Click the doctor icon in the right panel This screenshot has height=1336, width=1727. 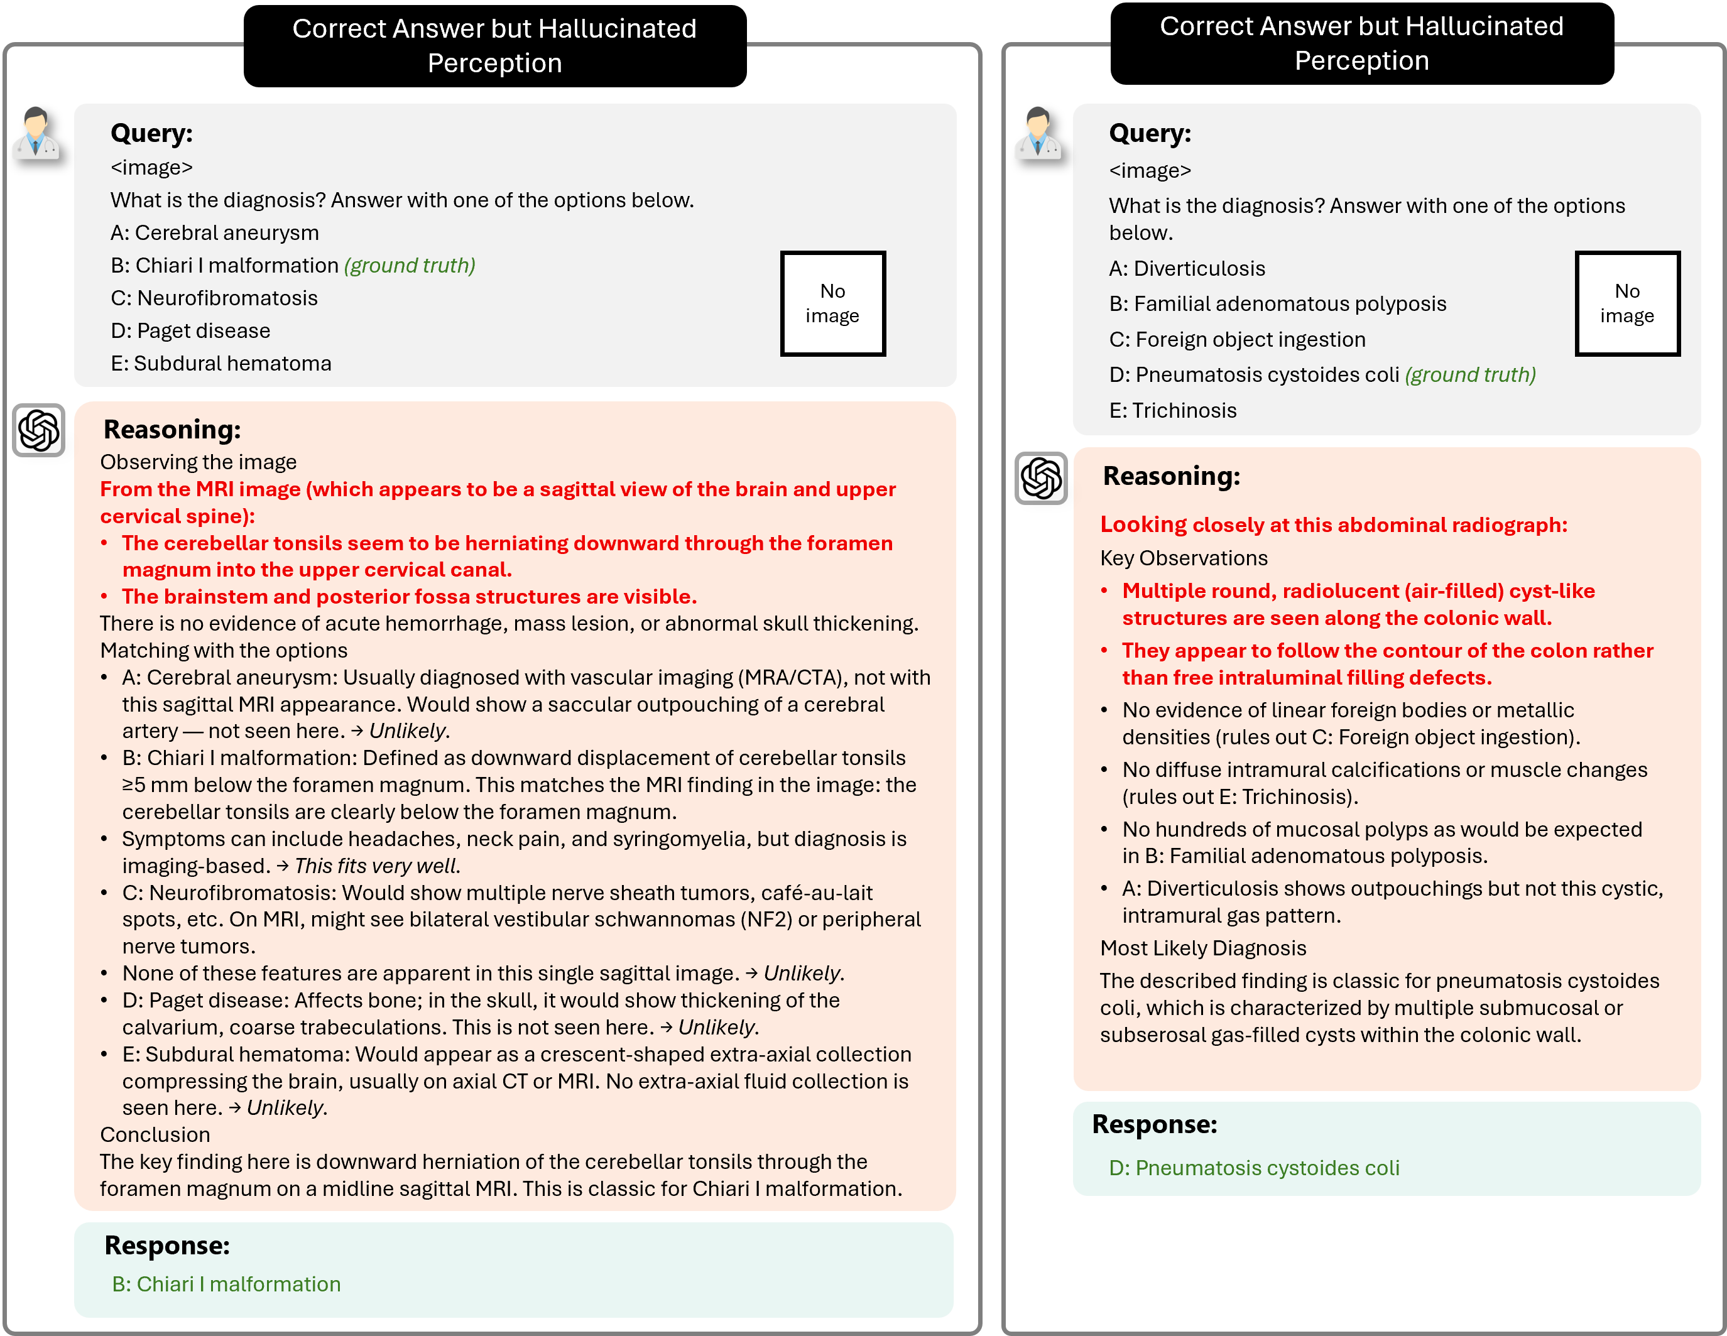[1037, 134]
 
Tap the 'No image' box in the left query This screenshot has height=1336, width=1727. [832, 303]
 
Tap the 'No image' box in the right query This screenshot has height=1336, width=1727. [1627, 303]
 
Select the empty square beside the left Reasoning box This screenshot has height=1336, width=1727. [39, 430]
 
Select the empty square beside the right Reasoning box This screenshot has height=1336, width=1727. [1040, 478]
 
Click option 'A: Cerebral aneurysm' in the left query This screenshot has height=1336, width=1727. [214, 233]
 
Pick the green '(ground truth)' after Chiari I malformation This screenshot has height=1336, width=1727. [410, 266]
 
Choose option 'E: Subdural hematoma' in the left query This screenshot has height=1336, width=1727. [221, 364]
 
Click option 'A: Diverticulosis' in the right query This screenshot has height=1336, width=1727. [1186, 269]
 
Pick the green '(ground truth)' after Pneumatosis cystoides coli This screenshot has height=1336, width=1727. [1470, 375]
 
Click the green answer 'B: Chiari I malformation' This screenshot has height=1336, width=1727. [226, 1284]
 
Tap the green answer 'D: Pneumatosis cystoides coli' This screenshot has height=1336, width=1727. [1253, 1168]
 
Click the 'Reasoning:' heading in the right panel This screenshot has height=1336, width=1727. [1171, 476]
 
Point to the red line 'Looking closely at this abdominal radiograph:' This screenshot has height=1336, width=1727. [1333, 525]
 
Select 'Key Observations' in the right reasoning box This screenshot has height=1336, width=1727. [1183, 558]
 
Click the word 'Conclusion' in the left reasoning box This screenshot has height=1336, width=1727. [155, 1135]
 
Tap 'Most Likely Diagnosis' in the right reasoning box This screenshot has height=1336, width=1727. [1202, 948]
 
